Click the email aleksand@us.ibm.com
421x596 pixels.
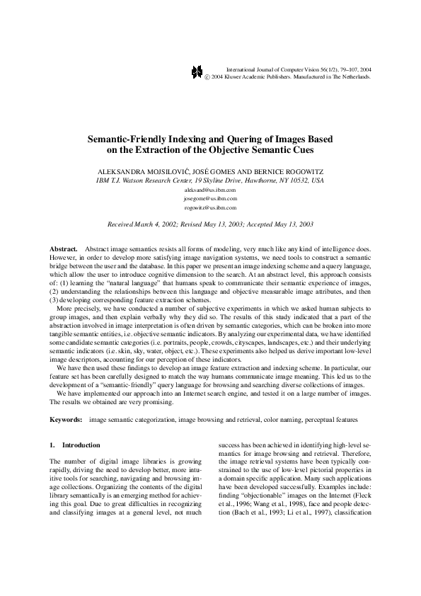210,190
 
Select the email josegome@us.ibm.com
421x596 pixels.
210,200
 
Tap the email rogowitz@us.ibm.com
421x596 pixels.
210,209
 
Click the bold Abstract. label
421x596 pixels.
64,251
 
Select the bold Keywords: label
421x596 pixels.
66,420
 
